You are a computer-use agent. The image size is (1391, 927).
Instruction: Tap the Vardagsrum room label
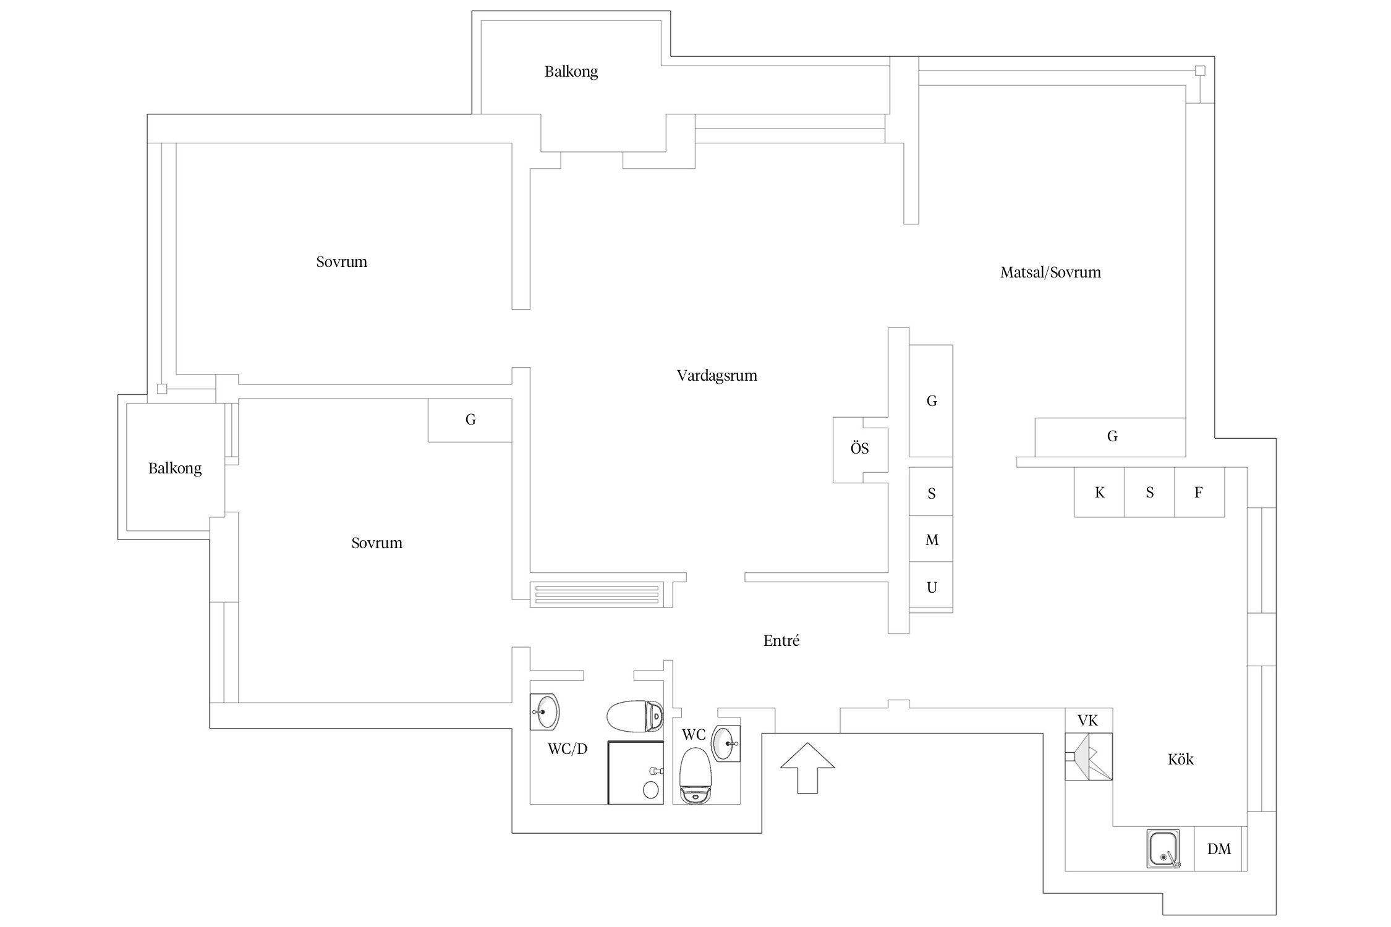(717, 376)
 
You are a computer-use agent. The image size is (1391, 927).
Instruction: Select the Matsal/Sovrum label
(1050, 273)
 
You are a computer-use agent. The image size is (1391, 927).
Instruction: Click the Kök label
(1180, 760)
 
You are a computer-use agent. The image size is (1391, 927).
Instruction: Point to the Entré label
(781, 641)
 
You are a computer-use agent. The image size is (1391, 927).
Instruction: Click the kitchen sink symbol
(1163, 849)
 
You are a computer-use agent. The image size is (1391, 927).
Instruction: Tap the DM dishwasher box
(1219, 849)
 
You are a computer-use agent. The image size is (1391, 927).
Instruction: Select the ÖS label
(859, 449)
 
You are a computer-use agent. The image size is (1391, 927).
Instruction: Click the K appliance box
(1099, 493)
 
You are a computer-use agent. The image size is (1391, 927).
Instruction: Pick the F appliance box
(1199, 493)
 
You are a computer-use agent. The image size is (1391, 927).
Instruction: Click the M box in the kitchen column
(931, 540)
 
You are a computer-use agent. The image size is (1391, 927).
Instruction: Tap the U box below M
(931, 587)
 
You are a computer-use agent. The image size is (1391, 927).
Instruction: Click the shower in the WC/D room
(636, 772)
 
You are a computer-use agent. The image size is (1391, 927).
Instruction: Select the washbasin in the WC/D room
(545, 712)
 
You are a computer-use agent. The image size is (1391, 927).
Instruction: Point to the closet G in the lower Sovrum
(470, 420)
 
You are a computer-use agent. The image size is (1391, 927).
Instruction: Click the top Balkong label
(571, 72)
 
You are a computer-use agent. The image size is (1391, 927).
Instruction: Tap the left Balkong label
(175, 468)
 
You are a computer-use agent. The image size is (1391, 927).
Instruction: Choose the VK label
(1087, 721)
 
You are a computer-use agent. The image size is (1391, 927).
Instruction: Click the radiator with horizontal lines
(597, 594)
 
